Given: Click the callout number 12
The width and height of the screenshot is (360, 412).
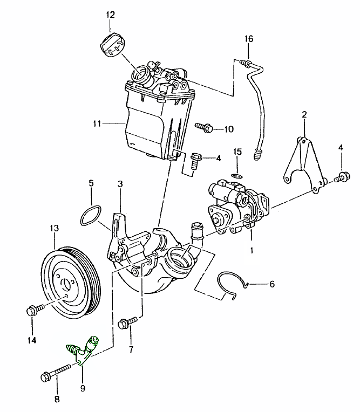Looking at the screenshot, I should [x=110, y=15].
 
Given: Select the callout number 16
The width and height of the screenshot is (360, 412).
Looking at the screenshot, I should [x=248, y=39].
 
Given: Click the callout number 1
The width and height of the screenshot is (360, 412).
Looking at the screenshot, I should [x=252, y=250].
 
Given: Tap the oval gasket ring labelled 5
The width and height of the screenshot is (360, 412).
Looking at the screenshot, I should [x=90, y=216].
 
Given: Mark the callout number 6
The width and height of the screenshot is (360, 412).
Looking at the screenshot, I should [x=271, y=283].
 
